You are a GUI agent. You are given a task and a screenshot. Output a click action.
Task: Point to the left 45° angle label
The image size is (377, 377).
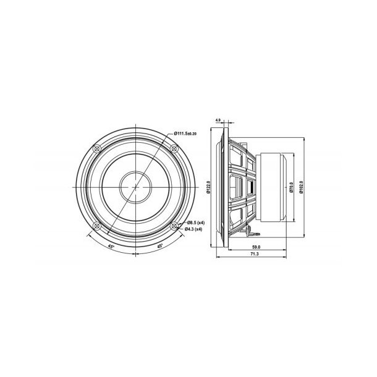click(x=110, y=245)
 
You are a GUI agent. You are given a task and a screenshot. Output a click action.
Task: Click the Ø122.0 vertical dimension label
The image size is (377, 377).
click(x=209, y=187)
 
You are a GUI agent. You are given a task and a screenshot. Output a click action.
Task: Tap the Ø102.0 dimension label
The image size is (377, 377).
click(x=301, y=187)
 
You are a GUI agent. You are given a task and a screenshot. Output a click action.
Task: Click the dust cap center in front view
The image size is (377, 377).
click(x=134, y=187)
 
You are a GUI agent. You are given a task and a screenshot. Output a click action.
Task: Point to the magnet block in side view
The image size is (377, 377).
click(x=272, y=187)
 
